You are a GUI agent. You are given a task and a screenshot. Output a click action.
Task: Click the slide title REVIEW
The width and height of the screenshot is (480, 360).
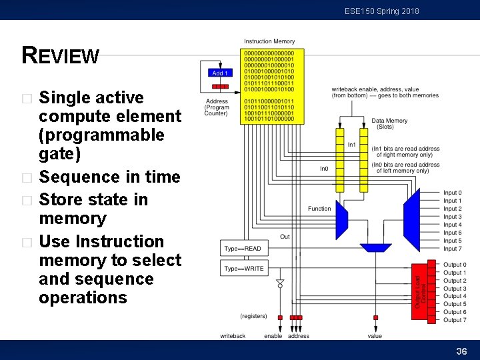click(61, 55)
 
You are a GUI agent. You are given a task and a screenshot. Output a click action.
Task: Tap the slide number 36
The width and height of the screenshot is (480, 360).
click(461, 351)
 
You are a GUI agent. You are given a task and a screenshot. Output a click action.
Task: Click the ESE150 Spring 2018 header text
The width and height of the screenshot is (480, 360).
click(381, 11)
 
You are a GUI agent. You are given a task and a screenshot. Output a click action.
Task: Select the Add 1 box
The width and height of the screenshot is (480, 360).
click(219, 73)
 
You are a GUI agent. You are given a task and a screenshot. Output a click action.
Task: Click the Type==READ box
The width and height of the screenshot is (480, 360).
click(242, 249)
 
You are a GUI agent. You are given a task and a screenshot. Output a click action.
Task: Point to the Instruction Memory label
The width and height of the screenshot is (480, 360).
click(269, 42)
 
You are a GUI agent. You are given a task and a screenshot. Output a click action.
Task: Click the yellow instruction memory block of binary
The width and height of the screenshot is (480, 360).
click(273, 85)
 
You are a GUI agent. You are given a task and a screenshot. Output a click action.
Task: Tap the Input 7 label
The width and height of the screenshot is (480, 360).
click(453, 249)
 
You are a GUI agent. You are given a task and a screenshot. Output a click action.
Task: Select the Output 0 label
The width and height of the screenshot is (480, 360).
click(455, 265)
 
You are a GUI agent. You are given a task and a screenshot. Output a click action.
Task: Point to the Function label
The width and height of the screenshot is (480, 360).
click(319, 209)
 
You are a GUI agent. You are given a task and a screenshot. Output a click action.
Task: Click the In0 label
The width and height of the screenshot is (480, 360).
click(324, 169)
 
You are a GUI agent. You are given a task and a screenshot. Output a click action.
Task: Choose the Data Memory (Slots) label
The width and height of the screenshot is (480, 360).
click(389, 124)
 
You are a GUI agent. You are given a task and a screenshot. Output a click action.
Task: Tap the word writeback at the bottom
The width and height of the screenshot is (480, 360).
click(233, 336)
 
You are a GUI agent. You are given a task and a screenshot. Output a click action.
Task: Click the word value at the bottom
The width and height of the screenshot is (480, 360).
click(375, 336)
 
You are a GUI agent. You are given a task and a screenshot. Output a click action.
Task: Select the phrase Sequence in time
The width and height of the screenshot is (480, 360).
click(110, 177)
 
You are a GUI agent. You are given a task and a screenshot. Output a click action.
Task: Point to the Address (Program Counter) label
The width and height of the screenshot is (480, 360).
click(216, 107)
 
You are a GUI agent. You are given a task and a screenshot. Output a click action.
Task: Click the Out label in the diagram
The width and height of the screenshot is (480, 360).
click(285, 237)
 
